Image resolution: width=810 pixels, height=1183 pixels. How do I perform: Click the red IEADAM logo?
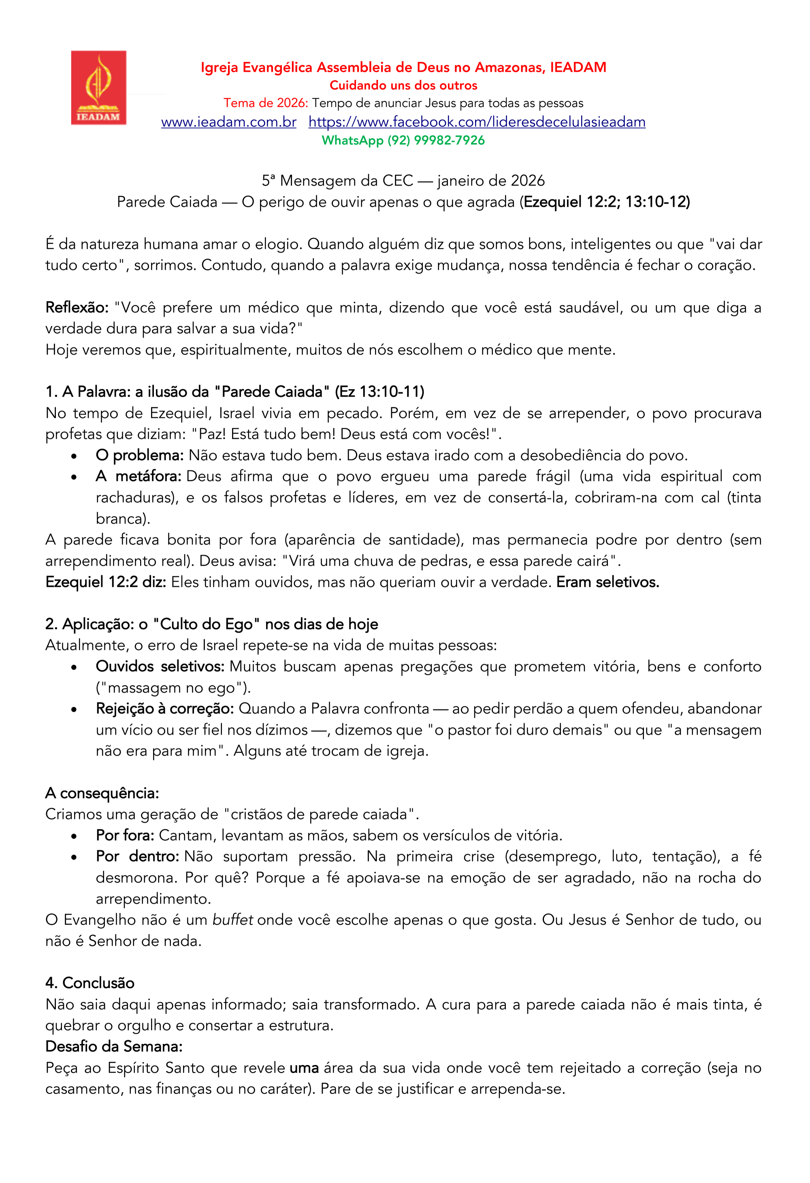(x=98, y=88)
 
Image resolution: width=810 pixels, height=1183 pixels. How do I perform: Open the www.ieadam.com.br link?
(x=228, y=122)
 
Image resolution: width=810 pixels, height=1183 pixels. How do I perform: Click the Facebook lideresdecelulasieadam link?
(x=477, y=122)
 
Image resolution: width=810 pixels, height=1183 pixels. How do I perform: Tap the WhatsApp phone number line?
(x=403, y=141)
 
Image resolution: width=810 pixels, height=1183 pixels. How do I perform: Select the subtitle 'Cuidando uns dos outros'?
(x=403, y=86)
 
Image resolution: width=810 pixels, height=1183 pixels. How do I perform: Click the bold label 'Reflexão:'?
(x=77, y=308)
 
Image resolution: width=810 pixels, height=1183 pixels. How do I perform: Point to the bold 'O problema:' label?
(x=139, y=456)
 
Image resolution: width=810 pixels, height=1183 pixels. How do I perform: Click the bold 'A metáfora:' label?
(x=139, y=477)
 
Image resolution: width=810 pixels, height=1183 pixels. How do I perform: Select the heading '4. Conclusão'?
(x=90, y=983)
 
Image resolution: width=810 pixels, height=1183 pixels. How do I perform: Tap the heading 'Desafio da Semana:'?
(x=114, y=1046)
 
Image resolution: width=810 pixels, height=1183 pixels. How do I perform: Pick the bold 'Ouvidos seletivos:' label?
(x=160, y=667)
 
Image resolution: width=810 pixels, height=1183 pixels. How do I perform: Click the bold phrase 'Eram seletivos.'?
(x=607, y=582)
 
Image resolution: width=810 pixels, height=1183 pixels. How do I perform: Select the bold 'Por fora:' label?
(x=125, y=835)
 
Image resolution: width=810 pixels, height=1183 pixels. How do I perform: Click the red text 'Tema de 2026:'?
(x=266, y=103)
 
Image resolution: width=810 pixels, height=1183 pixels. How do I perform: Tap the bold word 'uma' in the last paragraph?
(x=304, y=1068)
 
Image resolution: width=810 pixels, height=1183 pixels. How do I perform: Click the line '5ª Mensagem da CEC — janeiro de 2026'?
(x=403, y=181)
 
